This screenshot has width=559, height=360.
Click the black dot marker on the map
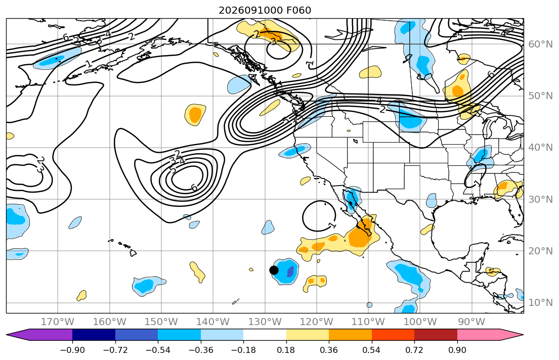click(274, 270)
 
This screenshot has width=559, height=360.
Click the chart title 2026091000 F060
click(265, 10)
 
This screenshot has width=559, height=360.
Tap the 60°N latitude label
click(540, 44)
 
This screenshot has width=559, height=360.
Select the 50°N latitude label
click(540, 96)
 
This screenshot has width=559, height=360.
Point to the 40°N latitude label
click(540, 148)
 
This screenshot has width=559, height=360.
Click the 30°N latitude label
click(540, 199)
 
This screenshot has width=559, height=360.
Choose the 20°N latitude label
click(540, 251)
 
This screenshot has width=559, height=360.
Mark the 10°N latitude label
click(540, 303)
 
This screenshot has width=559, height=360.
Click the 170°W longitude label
click(58, 322)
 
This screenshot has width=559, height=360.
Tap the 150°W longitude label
click(161, 322)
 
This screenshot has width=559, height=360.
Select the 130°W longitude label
click(265, 322)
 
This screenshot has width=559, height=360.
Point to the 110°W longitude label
click(368, 322)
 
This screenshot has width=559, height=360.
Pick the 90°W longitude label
click(472, 322)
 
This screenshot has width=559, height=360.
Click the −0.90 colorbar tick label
click(72, 350)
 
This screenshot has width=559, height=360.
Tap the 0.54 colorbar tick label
click(371, 350)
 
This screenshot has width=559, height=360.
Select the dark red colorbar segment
click(436, 335)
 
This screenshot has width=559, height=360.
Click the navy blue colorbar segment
click(94, 335)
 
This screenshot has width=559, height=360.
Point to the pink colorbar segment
click(479, 335)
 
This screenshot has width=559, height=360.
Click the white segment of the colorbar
click(265, 335)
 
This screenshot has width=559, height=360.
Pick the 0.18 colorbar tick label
click(286, 350)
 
